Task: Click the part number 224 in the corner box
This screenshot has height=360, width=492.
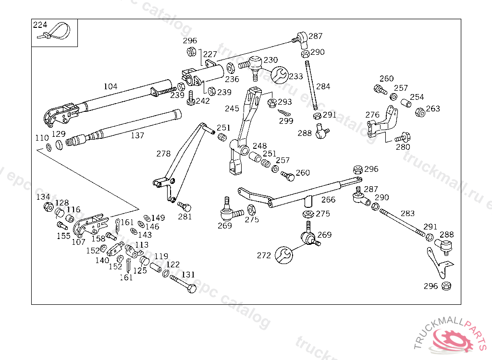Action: (x=40, y=24)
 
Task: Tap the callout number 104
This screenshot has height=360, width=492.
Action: (x=111, y=86)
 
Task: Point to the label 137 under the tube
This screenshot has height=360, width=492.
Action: (x=137, y=135)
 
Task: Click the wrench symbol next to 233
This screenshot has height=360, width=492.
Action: (x=280, y=75)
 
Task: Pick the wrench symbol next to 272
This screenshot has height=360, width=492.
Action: (x=283, y=255)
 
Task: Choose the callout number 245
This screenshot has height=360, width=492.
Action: (x=232, y=108)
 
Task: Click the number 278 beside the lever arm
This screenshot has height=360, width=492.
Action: (x=163, y=154)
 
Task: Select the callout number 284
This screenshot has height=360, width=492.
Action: (x=323, y=86)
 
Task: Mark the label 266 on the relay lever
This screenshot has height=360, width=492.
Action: (x=329, y=200)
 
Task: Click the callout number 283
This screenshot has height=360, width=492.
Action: (x=407, y=213)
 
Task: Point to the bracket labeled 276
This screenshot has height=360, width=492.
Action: (x=384, y=124)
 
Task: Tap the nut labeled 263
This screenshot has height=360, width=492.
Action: (x=419, y=112)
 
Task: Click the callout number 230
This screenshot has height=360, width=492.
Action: (x=271, y=60)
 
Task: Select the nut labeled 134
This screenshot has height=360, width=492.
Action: (x=48, y=207)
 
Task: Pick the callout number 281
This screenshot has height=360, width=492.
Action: (x=185, y=216)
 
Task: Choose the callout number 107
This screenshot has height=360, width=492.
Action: (x=78, y=242)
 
